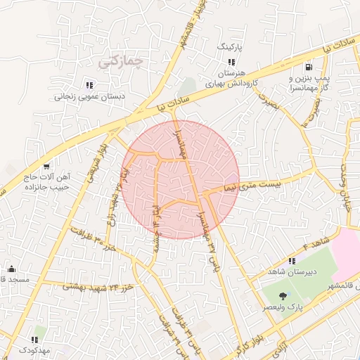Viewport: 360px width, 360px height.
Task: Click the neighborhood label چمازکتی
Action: pyautogui.click(x=120, y=61)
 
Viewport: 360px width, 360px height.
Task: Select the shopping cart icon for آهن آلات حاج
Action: pyautogui.click(x=46, y=167)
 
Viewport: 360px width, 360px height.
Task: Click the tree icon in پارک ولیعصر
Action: pyautogui.click(x=283, y=295)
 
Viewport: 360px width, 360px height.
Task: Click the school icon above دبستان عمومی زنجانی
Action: pyautogui.click(x=88, y=85)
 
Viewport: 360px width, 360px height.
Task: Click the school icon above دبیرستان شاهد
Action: pyautogui.click(x=272, y=262)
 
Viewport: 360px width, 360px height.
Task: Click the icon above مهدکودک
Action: pyautogui.click(x=35, y=339)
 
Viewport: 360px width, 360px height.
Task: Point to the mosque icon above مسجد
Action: pyautogui.click(x=11, y=269)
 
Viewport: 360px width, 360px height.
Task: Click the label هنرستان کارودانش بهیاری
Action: pyautogui.click(x=231, y=78)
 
